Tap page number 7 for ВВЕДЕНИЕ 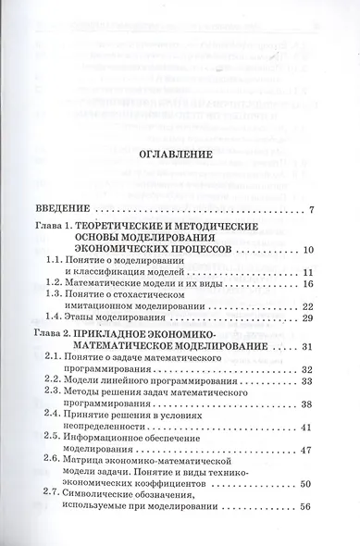point(313,209)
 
